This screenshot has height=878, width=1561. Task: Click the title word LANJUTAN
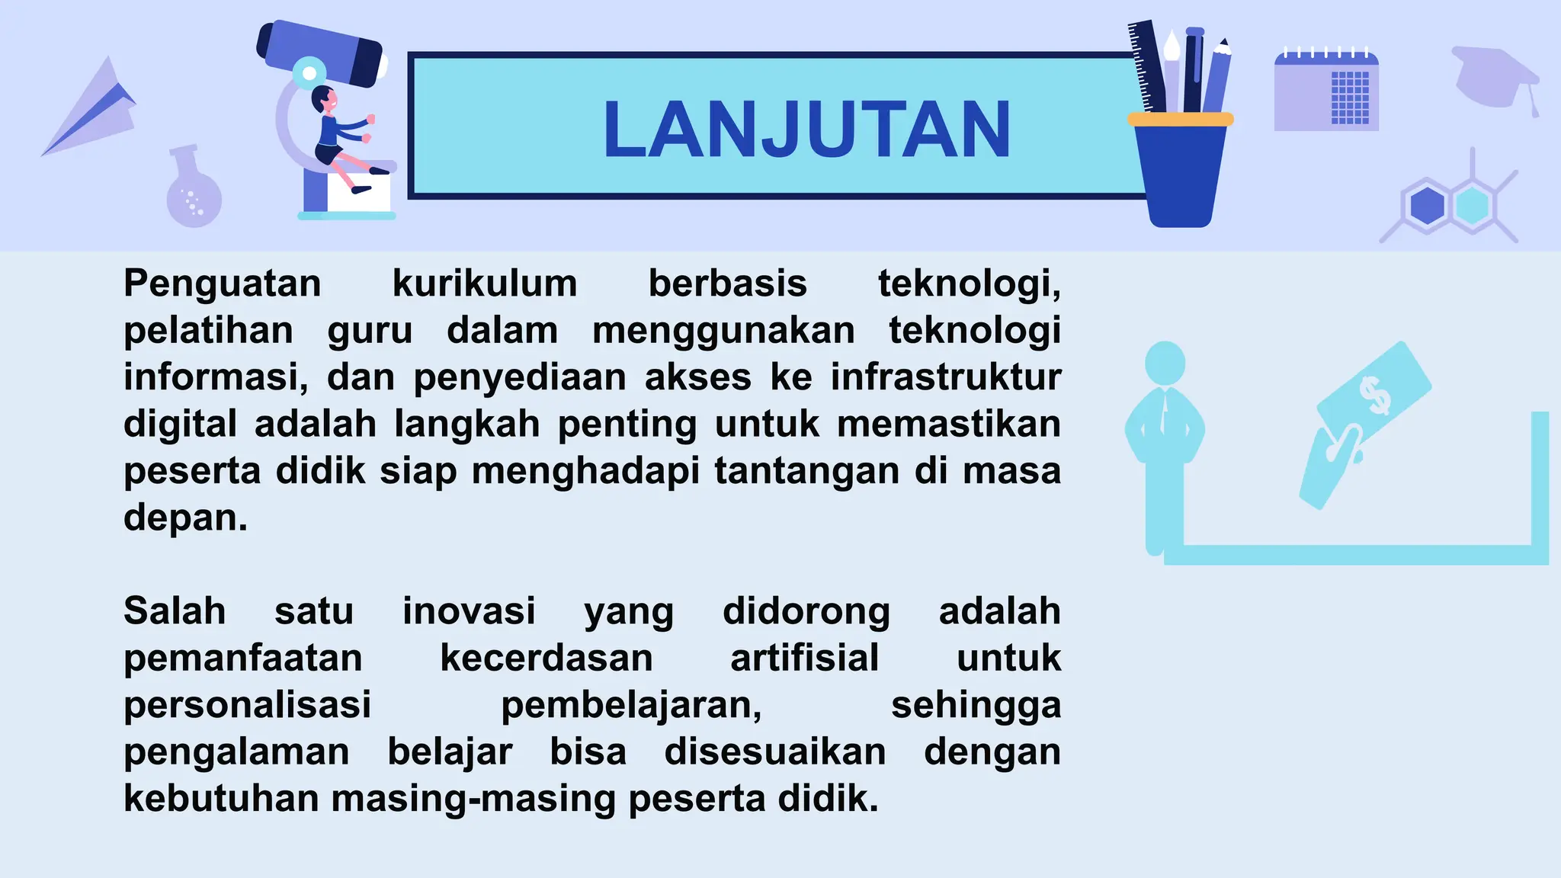click(x=806, y=130)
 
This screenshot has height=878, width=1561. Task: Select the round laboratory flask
click(x=194, y=194)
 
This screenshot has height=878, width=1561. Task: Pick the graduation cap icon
click(x=1494, y=76)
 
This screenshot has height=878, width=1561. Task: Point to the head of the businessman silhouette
click(x=1165, y=362)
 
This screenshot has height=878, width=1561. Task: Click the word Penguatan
click(x=223, y=284)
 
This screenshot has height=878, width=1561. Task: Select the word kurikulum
click(x=485, y=284)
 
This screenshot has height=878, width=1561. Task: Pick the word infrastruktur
click(x=945, y=377)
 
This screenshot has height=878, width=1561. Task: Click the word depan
click(x=185, y=518)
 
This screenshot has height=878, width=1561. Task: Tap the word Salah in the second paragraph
click(x=175, y=611)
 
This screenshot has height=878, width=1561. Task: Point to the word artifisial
click(x=804, y=658)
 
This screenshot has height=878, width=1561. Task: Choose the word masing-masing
click(x=473, y=799)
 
